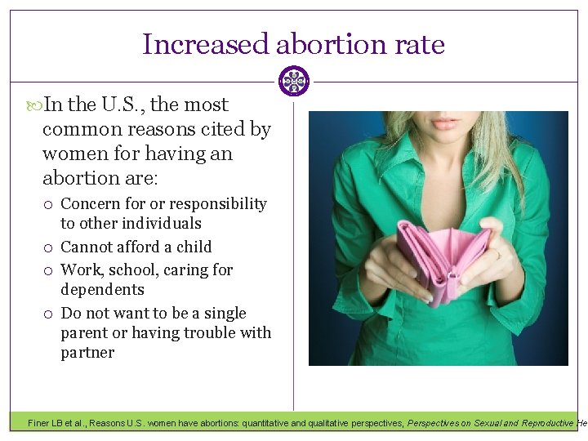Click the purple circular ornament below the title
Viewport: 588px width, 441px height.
(294, 81)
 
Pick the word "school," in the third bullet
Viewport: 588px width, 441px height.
(130, 269)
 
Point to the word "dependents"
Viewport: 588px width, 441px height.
(102, 290)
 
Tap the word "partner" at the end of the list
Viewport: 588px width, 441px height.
(87, 353)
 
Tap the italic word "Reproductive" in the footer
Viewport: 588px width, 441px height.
(542, 423)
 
